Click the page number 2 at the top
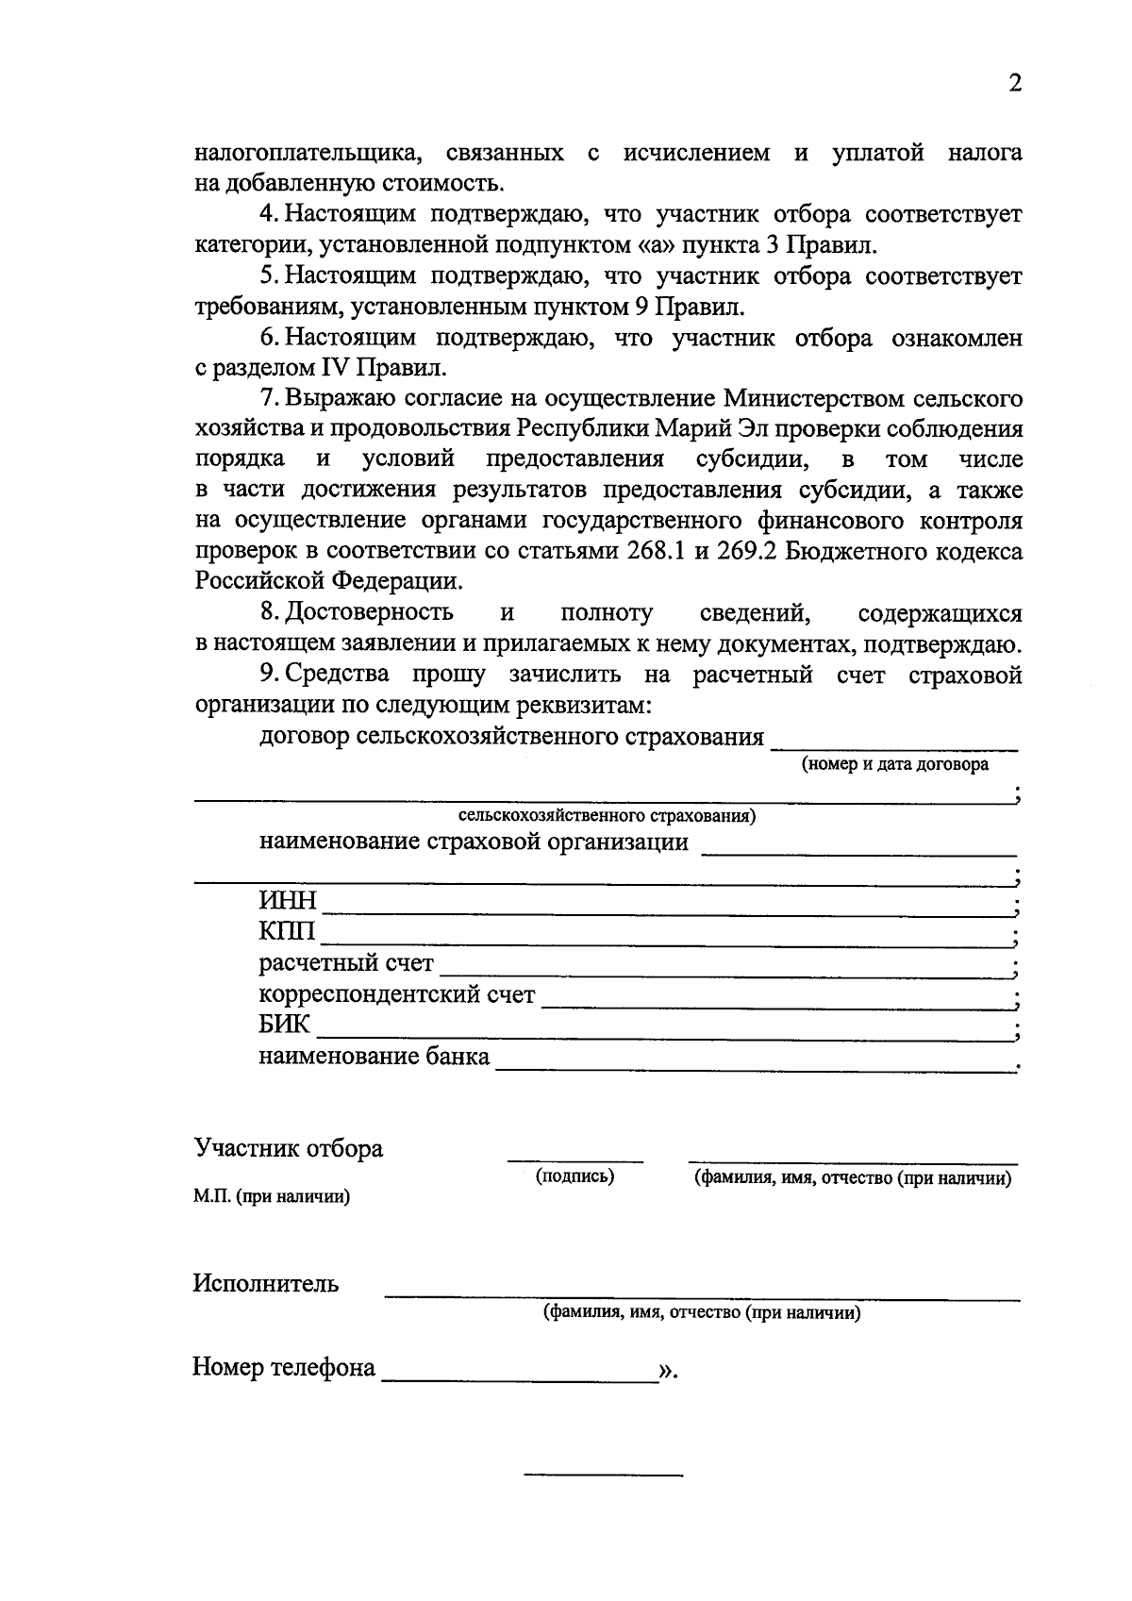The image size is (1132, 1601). [x=1015, y=84]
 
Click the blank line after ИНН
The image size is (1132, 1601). [x=665, y=914]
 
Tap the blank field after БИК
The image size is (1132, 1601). [x=660, y=1039]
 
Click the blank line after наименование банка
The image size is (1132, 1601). [x=753, y=1070]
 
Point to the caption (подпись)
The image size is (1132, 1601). [x=575, y=1176]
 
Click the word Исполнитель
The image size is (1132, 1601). [x=266, y=1284]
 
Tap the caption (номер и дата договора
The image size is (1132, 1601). [x=894, y=765]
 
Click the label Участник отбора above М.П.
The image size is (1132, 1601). [x=289, y=1149]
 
